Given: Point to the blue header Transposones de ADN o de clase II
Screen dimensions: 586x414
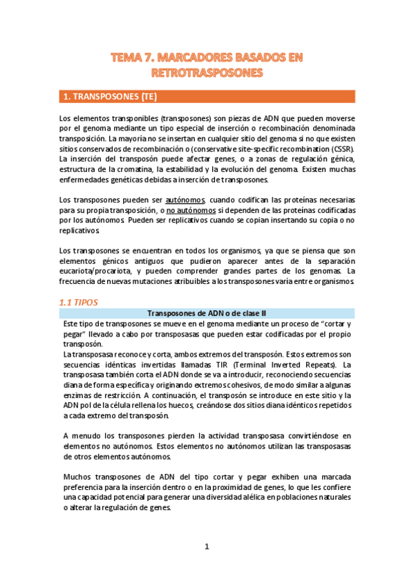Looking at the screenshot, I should click(x=207, y=313).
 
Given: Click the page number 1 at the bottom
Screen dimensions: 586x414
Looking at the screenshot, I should click(x=206, y=547).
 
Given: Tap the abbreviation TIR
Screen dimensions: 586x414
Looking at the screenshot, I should click(x=207, y=365).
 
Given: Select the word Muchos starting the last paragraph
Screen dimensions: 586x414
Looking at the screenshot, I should click(x=77, y=477).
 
